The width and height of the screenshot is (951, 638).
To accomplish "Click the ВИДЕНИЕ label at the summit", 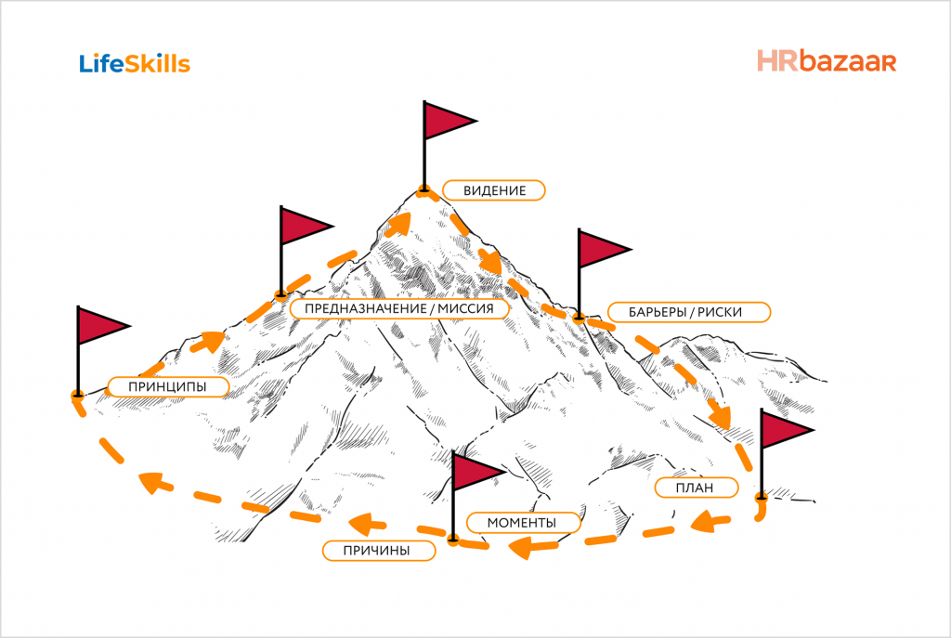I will click(x=493, y=190).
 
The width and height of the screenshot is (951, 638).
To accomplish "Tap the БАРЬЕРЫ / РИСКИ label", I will click(x=688, y=312).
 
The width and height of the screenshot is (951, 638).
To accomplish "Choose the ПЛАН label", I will click(x=696, y=488).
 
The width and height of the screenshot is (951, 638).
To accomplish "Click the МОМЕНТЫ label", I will click(x=522, y=523).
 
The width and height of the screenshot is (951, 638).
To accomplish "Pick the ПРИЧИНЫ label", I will click(x=379, y=551).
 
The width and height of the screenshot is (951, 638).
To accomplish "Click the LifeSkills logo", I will click(x=135, y=63).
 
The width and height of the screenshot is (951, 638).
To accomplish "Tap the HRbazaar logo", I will click(x=826, y=61).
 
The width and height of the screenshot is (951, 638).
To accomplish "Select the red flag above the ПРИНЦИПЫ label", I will click(x=99, y=325).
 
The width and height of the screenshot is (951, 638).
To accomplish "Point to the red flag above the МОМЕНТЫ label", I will click(x=476, y=472).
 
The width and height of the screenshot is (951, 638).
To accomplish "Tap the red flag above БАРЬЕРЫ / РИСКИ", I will click(x=601, y=248).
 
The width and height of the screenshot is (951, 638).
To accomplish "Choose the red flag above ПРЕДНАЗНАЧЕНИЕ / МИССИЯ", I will click(x=303, y=226).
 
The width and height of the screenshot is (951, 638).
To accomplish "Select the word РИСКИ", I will click(x=721, y=312).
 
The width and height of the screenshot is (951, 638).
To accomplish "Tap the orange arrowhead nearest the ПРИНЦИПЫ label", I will click(x=210, y=341).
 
